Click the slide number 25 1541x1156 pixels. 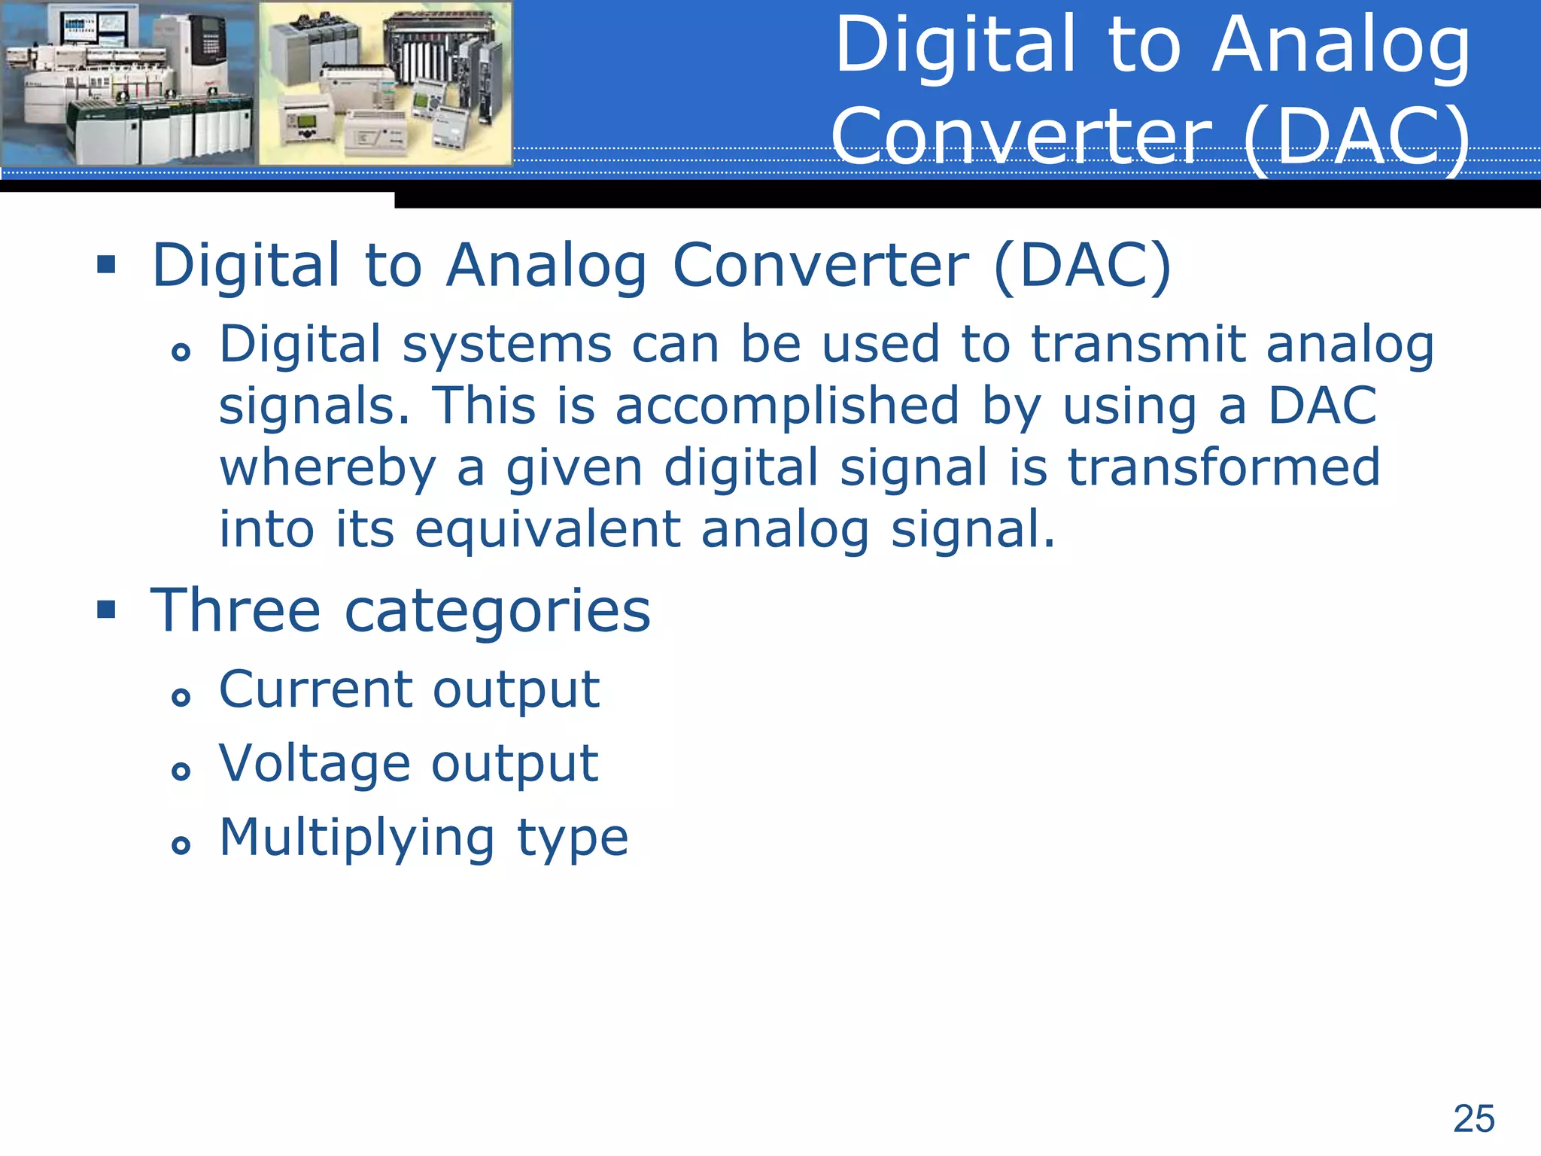coord(1473,1118)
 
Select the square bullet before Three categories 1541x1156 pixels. coord(106,609)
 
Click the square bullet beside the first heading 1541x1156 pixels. coord(106,264)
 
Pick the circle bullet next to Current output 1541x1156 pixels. coord(181,698)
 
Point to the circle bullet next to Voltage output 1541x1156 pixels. coord(181,771)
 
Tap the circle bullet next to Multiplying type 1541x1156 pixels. coord(181,845)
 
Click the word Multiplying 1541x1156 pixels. coord(357,838)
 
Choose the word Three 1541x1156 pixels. coord(236,610)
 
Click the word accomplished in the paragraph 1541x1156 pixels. coord(787,407)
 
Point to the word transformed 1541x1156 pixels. coord(1223,467)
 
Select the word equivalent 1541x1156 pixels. coord(548,529)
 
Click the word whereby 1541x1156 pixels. coord(327,469)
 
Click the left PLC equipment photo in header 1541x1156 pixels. coord(129,84)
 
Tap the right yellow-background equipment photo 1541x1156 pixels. coord(385,84)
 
